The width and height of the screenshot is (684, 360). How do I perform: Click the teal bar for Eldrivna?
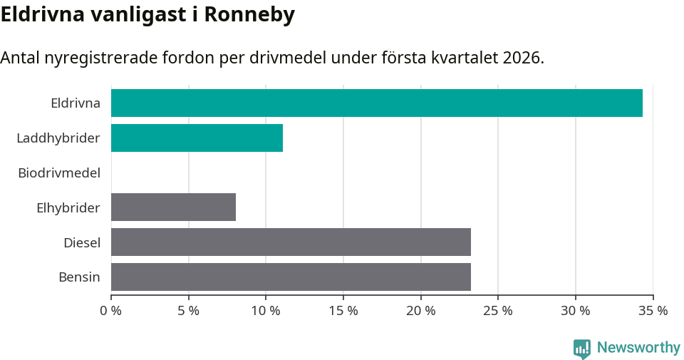376,103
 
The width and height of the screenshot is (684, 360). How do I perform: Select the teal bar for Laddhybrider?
197,138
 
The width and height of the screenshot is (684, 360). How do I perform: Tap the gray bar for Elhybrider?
173,207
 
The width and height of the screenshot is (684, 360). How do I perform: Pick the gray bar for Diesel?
291,242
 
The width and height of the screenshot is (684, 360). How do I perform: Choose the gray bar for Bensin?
291,277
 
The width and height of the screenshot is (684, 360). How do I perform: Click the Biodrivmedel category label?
59,173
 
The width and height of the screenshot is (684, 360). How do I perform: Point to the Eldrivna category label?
76,103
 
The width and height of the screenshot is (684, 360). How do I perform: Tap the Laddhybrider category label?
58,138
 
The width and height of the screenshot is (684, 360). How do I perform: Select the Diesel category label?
82,242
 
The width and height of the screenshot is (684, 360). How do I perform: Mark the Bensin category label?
79,277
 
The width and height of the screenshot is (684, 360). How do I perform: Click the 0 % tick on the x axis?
111,311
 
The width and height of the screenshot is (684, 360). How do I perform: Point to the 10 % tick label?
266,311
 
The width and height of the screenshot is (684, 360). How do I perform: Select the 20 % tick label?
420,311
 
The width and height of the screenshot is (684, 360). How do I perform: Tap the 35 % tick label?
653,311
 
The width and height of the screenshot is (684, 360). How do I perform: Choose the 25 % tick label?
498,311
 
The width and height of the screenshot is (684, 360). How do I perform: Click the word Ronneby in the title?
249,15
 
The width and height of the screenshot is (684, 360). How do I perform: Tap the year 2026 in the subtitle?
522,58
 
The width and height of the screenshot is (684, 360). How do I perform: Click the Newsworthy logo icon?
582,349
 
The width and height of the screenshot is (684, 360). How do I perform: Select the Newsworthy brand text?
638,348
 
